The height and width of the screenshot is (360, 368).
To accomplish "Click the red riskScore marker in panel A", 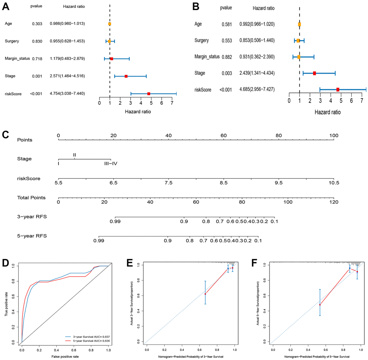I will coord(149,94).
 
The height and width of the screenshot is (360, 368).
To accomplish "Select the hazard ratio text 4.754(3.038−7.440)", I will coord(67,94).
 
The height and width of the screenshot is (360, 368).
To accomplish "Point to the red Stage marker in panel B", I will coord(314,73).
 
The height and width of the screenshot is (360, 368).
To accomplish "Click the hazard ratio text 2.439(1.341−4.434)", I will coord(257,73).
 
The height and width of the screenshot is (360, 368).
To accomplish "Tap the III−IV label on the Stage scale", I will coord(111,163).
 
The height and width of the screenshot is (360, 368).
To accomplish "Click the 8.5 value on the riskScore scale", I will coord(223,183).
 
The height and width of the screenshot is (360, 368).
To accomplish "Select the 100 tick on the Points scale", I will coord(334,135).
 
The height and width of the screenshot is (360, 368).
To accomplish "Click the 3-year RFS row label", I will coord(32,217).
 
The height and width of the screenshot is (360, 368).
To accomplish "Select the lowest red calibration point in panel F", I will coord(320,305).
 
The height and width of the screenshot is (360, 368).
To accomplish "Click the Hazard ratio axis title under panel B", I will coord(328,112).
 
